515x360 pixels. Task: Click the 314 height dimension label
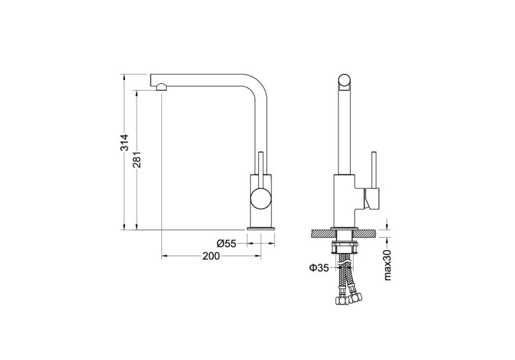pos(124,143)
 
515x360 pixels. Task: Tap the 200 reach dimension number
pos(211,256)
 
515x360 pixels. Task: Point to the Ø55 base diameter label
pos(226,243)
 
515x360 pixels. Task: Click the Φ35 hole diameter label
pos(319,268)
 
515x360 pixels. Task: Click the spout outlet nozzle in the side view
pos(161,87)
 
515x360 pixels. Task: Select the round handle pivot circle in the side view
pos(260,200)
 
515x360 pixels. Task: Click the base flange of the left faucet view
pos(261,228)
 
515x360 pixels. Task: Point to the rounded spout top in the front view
pos(345,82)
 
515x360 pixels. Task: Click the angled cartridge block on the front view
pos(371,201)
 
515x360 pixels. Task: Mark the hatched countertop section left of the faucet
pos(321,234)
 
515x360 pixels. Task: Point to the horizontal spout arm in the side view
pos(206,77)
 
